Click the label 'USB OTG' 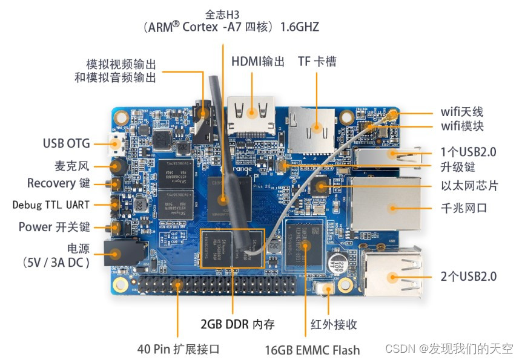(x=66, y=144)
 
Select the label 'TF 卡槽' (x=317, y=62)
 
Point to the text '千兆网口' (x=464, y=208)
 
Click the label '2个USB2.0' (x=469, y=277)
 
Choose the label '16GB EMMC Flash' (x=312, y=350)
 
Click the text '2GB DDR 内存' (x=238, y=324)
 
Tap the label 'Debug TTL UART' (x=51, y=205)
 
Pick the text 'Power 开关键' (x=54, y=227)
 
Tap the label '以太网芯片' (x=470, y=186)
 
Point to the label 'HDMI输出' (x=257, y=62)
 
